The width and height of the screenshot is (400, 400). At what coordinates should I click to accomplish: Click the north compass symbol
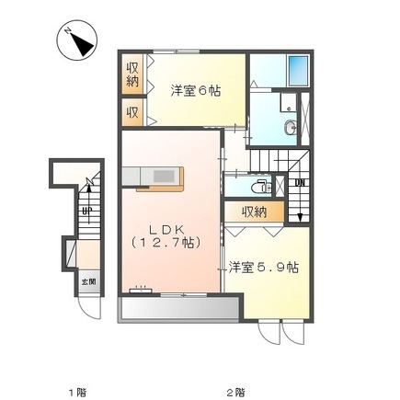point(77,40)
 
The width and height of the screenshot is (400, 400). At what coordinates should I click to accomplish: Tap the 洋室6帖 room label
point(196,91)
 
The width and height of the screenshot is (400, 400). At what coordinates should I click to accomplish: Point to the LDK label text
point(166,229)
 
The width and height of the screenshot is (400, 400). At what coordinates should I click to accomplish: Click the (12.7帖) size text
point(166,243)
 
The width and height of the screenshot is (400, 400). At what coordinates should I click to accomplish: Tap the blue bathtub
point(298,71)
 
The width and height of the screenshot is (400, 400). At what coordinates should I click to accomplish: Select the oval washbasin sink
point(291,127)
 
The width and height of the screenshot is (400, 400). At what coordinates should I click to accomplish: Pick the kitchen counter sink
point(164,177)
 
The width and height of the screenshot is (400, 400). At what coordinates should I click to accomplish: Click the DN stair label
point(300,183)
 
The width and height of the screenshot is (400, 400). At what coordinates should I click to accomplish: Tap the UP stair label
point(87,211)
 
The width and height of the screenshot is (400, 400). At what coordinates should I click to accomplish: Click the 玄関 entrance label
point(88,281)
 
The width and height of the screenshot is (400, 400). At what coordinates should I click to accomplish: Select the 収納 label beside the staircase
point(255,211)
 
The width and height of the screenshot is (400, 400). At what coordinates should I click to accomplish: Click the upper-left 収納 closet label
point(132,74)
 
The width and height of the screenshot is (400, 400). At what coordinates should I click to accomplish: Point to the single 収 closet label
point(132,112)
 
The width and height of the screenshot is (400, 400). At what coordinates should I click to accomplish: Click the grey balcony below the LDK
point(180,309)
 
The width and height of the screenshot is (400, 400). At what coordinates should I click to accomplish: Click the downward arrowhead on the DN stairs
point(300,217)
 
